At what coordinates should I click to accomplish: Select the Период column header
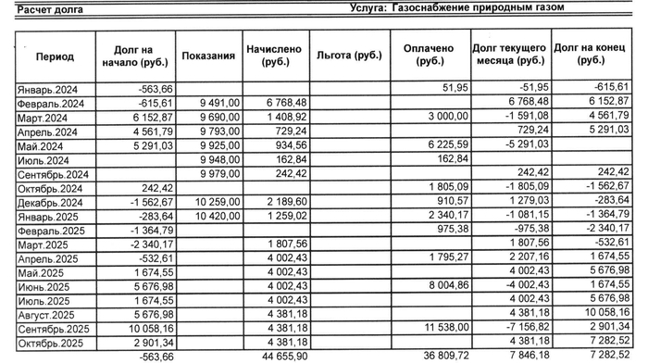(x=55, y=56)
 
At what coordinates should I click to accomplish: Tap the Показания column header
(x=207, y=56)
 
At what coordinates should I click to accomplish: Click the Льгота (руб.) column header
(x=348, y=56)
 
